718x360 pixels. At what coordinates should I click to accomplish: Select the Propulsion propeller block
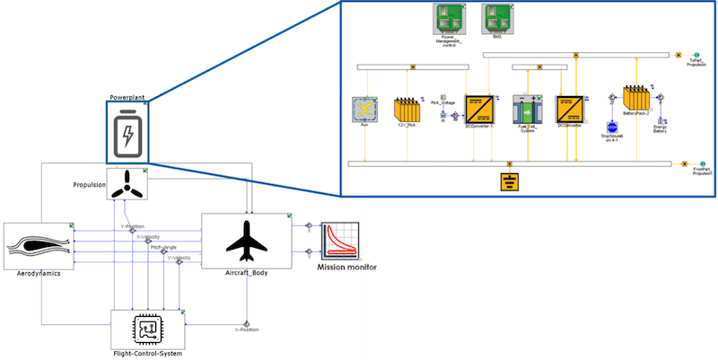tap(126, 184)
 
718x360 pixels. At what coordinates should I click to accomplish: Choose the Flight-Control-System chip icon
tap(146, 328)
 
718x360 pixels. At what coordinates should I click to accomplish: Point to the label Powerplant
tap(127, 96)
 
